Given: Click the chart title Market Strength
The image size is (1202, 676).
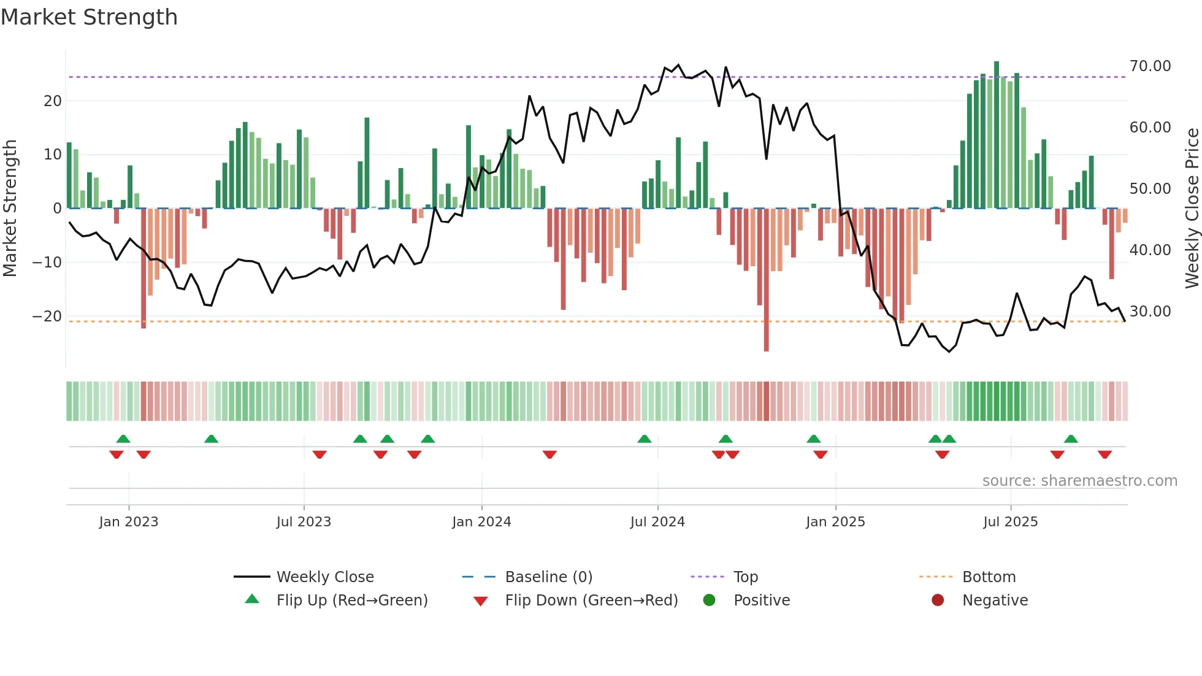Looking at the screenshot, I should [x=89, y=17].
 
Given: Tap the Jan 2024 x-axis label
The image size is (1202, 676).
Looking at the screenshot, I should [x=481, y=522].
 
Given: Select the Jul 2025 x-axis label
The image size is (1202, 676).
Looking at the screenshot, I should [x=1010, y=522].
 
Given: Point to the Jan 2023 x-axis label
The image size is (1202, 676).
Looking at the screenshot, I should [x=129, y=522].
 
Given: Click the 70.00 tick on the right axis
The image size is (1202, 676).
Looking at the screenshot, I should [x=1150, y=66].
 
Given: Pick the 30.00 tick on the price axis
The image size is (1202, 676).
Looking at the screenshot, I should [x=1150, y=312].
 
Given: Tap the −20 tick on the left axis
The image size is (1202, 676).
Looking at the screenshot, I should [x=47, y=317].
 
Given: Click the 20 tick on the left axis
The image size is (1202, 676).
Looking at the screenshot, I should [x=53, y=101].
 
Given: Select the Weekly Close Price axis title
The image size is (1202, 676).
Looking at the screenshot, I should [x=1192, y=209].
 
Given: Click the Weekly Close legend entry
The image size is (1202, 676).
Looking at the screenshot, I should [x=324, y=577].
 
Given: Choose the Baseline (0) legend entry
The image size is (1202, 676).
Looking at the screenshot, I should [x=548, y=577].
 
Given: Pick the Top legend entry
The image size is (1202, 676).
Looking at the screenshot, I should [x=745, y=577].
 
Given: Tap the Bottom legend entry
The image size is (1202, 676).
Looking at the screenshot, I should [x=989, y=577].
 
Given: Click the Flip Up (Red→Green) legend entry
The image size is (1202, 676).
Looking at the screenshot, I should [x=351, y=601].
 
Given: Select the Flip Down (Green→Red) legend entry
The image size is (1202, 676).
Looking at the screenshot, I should [x=591, y=601].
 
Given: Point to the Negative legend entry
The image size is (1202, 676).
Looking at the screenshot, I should [x=994, y=601].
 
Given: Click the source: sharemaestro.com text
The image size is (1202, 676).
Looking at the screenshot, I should [x=1079, y=481].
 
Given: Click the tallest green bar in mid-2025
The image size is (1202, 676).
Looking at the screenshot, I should [x=997, y=135].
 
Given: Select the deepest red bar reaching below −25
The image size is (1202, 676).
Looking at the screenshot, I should [x=767, y=279].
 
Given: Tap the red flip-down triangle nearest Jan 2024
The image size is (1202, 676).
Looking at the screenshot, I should [x=549, y=455].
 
